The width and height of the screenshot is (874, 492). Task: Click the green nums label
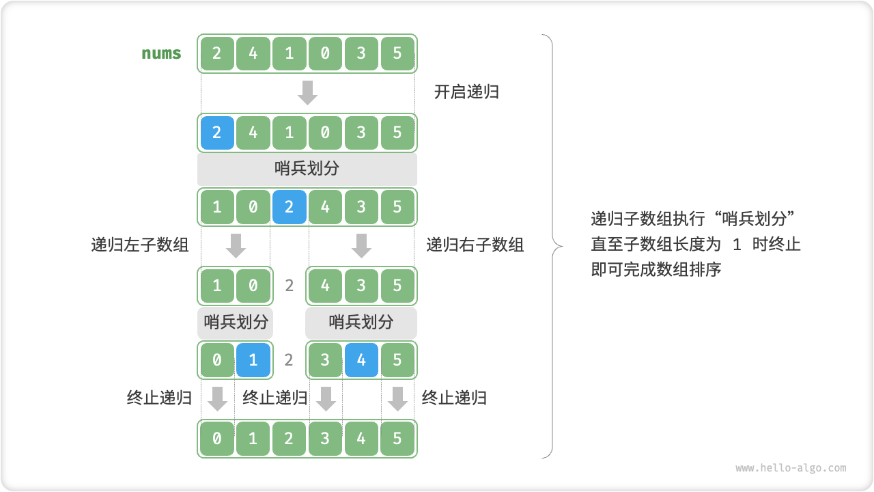point(161,53)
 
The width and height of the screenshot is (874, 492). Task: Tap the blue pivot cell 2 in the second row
point(217,133)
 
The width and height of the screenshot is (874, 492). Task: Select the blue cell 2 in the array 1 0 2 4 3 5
point(290,207)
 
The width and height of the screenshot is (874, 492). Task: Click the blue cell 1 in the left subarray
point(253,360)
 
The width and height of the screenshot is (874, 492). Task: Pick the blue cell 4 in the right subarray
point(361,360)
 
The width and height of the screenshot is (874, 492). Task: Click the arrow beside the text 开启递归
point(308,92)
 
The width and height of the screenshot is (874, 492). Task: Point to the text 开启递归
point(466,92)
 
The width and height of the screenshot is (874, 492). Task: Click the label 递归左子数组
point(140,245)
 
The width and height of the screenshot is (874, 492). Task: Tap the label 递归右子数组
point(475,245)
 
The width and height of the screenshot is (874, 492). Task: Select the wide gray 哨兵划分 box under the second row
point(307,169)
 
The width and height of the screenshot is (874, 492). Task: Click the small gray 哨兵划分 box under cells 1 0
point(236,322)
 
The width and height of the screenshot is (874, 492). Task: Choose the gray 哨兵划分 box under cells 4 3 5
point(361,322)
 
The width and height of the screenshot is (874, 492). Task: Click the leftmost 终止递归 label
point(159,398)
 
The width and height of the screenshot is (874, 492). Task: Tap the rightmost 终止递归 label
point(454,398)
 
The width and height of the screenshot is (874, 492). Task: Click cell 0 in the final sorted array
point(217,437)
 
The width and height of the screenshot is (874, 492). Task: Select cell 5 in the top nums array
point(397,53)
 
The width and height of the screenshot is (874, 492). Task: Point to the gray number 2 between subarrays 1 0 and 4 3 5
point(290,285)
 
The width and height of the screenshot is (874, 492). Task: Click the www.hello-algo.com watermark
point(791,468)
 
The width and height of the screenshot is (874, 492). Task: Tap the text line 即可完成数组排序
point(656,269)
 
